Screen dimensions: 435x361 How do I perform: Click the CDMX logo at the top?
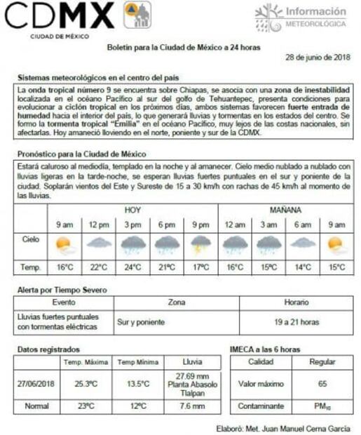click(x=59, y=14)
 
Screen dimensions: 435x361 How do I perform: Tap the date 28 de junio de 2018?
click(x=318, y=57)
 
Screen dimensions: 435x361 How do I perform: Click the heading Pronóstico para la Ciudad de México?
click(x=82, y=154)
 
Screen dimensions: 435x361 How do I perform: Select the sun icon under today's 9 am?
click(x=65, y=245)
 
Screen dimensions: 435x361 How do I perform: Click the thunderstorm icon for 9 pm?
click(x=200, y=245)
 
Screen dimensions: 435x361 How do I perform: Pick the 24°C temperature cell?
click(x=132, y=267)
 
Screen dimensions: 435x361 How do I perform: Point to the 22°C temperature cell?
click(x=99, y=267)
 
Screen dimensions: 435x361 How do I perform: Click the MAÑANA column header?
click(x=285, y=210)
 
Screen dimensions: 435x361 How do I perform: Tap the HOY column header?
click(x=132, y=210)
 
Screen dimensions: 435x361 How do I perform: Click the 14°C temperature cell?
click(x=302, y=267)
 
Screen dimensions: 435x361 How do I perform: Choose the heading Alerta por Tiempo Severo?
click(x=61, y=290)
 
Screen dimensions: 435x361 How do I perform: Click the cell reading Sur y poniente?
click(x=141, y=322)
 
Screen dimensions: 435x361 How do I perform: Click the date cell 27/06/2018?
click(x=36, y=384)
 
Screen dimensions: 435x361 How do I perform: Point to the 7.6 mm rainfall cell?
click(x=190, y=406)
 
